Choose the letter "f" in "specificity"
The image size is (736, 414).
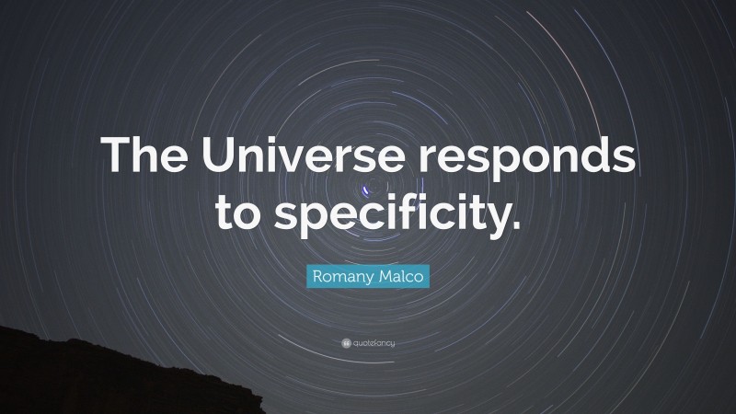point(408,208)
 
